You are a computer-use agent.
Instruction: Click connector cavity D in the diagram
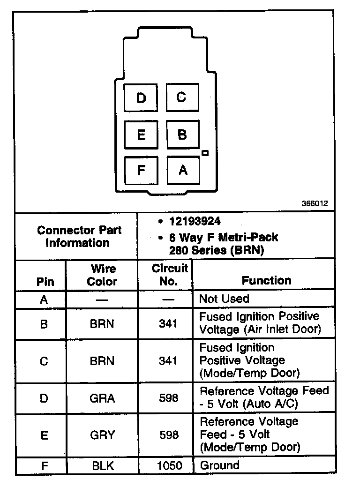(141, 98)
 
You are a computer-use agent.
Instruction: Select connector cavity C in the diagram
(182, 97)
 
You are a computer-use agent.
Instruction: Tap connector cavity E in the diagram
(141, 135)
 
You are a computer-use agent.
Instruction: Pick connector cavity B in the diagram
(182, 135)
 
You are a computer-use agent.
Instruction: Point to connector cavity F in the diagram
(141, 170)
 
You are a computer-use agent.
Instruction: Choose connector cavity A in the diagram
(183, 170)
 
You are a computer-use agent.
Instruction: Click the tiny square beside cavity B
(205, 153)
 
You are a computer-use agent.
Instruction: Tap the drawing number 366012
(315, 204)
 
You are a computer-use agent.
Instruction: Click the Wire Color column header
(102, 275)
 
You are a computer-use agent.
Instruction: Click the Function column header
(266, 280)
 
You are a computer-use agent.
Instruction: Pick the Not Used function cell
(224, 299)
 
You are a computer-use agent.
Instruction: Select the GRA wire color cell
(102, 398)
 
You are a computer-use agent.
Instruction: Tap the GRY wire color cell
(102, 435)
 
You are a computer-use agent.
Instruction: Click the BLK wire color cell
(102, 466)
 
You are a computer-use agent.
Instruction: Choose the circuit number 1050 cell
(168, 466)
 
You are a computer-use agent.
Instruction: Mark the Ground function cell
(219, 465)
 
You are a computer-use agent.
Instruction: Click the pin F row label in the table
(44, 466)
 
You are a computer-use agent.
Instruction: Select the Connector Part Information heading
(79, 236)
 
